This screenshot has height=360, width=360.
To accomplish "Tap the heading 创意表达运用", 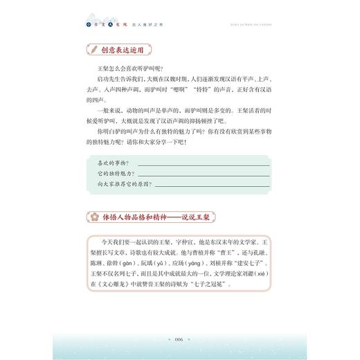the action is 123,50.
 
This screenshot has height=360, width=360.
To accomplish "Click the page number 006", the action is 179,339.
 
